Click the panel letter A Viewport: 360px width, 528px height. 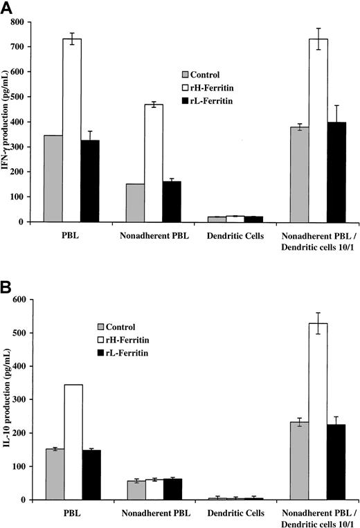(8, 8)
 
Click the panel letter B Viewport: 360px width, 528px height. (8, 284)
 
